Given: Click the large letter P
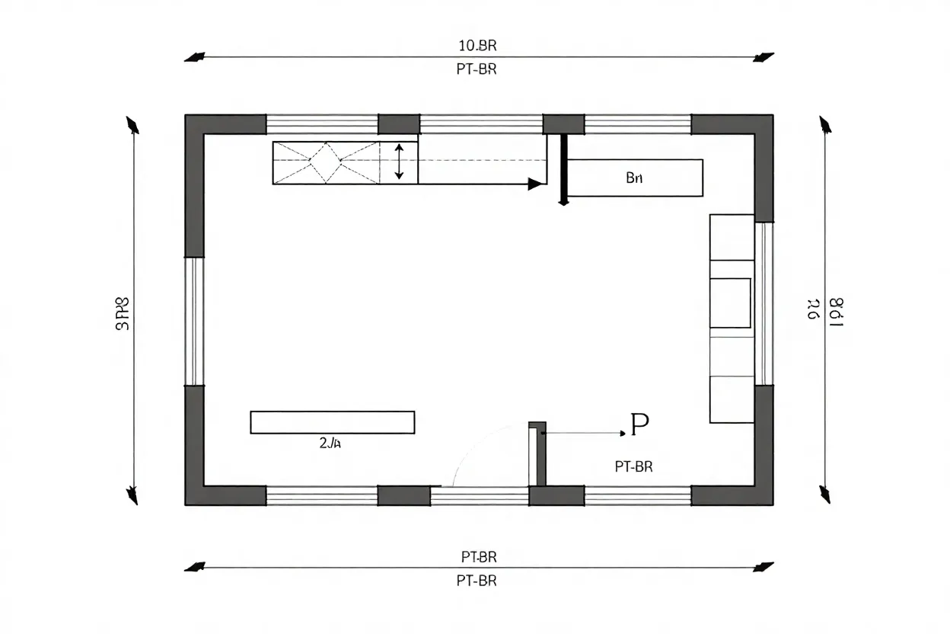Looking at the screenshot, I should [639, 425].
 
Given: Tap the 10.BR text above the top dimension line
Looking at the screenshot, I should [477, 46].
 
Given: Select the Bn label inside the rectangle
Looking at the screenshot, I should [634, 178].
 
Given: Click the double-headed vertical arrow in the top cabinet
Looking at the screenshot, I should [399, 162].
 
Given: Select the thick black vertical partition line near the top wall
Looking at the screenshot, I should [563, 169].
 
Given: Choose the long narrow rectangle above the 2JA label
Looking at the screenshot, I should [332, 422].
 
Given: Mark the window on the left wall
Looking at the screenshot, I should [195, 321].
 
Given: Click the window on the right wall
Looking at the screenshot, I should [764, 303].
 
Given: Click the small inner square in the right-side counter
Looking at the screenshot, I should [730, 303].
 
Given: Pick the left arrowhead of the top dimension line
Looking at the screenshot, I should [196, 57].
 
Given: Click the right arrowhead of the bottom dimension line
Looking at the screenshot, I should [763, 567].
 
